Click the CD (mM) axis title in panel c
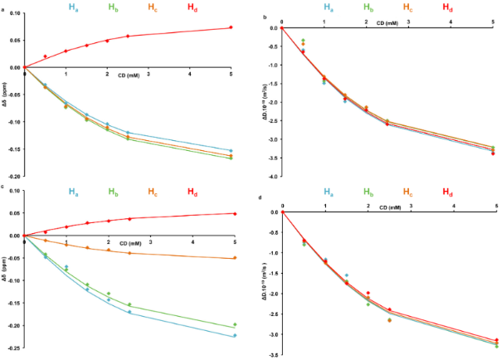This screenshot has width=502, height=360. point(129,243)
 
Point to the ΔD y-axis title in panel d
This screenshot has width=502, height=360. point(266,283)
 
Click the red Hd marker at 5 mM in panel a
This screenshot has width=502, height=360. point(231,27)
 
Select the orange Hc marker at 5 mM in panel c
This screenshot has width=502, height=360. point(235,258)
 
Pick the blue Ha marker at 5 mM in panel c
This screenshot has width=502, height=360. point(235,335)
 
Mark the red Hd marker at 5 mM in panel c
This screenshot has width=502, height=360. point(235,214)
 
